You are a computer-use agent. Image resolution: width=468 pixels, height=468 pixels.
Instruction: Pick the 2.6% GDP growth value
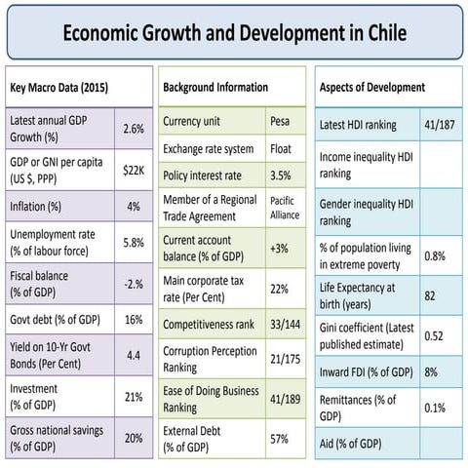click(134, 129)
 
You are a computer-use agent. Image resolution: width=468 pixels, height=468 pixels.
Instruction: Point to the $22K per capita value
click(134, 170)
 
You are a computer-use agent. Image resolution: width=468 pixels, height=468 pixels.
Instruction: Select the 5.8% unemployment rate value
click(134, 246)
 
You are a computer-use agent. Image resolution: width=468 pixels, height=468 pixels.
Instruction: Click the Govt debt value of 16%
click(134, 319)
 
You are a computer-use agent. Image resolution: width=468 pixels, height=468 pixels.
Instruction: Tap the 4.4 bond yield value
click(134, 357)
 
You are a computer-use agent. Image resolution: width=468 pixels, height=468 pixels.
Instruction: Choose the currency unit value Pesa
click(283, 123)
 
